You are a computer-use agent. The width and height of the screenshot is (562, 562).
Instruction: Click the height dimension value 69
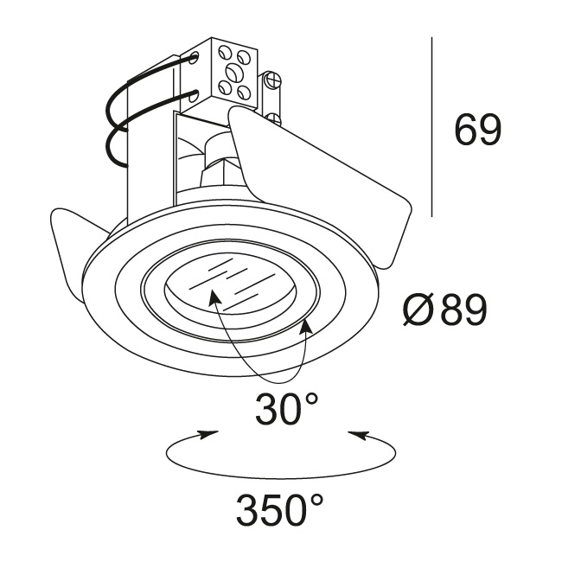477,130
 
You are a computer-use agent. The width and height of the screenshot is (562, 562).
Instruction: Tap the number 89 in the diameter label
463,309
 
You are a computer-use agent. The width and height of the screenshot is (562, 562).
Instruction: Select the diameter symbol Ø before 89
418,310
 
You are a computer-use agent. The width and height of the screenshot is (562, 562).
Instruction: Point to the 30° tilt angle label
287,408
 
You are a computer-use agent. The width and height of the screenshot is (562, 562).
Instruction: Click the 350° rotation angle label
279,508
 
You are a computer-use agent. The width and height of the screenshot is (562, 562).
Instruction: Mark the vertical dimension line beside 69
431,127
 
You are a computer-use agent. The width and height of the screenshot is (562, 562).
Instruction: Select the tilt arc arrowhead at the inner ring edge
306,326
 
